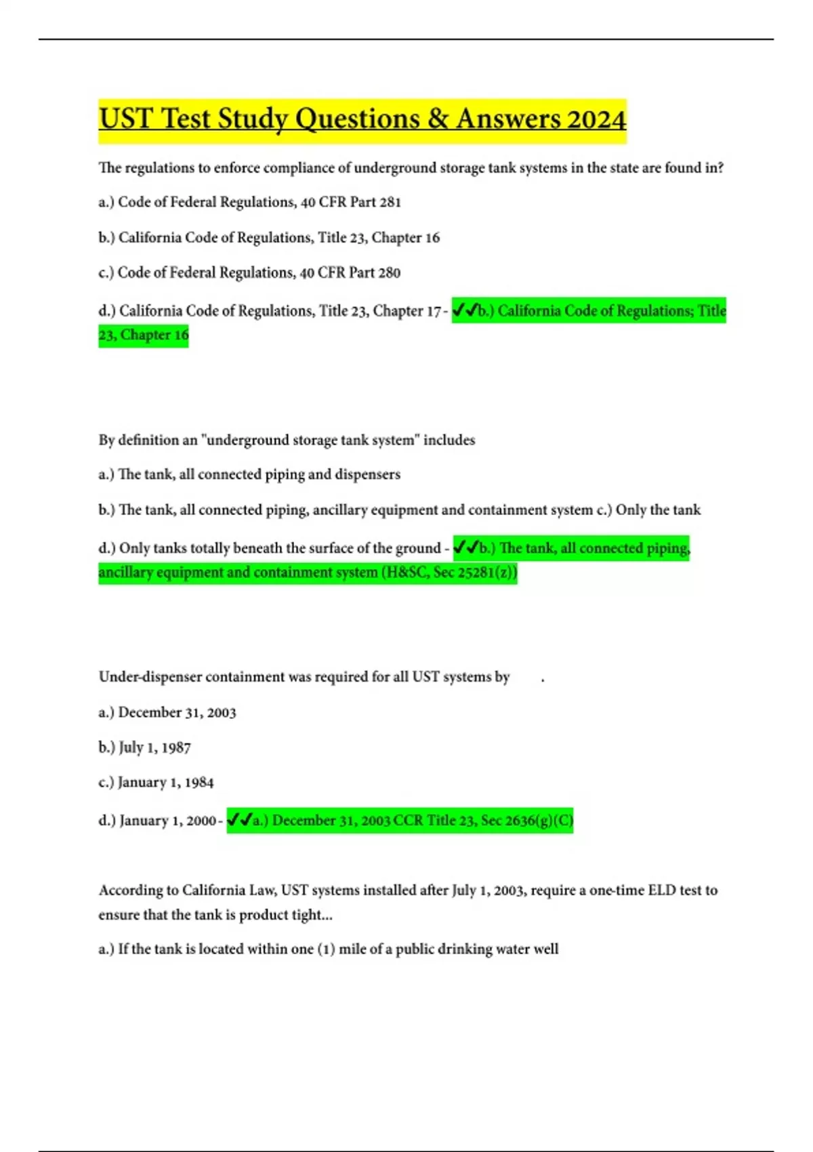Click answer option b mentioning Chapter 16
(269, 237)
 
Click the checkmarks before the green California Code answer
(465, 310)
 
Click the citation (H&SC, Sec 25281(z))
(449, 573)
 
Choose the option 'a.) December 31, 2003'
(167, 712)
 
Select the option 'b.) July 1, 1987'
(144, 747)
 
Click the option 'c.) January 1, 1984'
(156, 783)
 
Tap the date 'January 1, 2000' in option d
(167, 821)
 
